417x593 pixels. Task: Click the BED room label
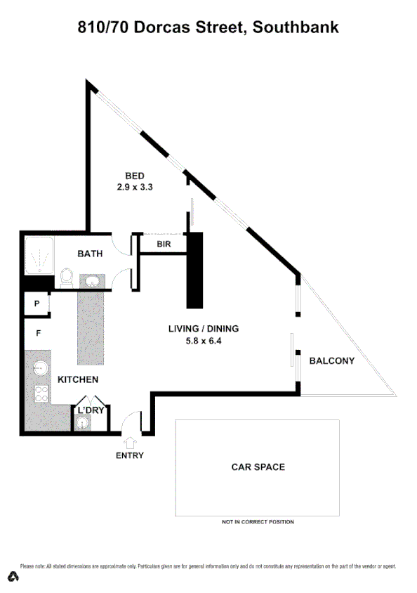point(135,176)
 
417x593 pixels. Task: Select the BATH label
point(91,254)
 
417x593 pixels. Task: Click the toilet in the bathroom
point(66,278)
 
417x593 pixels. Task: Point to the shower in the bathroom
point(39,256)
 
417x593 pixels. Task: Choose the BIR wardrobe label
point(164,244)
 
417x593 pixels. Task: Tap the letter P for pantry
point(36,304)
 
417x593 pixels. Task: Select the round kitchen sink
point(40,367)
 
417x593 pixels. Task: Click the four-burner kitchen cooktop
point(40,395)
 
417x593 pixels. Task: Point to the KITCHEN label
point(77,379)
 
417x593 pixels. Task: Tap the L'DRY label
point(90,410)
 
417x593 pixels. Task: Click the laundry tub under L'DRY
point(84,422)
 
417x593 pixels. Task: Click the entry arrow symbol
point(130,442)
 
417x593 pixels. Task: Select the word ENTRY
point(130,455)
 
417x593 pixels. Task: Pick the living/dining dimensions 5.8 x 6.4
point(204,341)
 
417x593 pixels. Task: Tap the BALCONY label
point(332,361)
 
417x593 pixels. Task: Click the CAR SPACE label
point(258,467)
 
